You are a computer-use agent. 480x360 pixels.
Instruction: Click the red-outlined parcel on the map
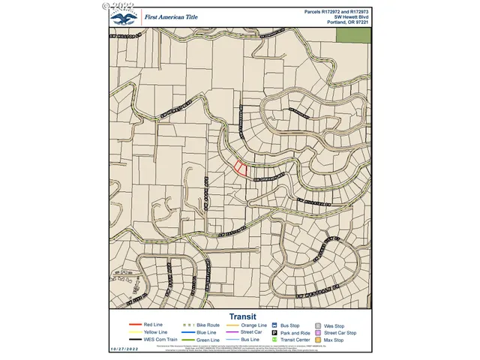(x=240, y=169)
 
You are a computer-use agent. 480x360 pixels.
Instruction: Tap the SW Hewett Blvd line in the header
(x=350, y=16)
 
